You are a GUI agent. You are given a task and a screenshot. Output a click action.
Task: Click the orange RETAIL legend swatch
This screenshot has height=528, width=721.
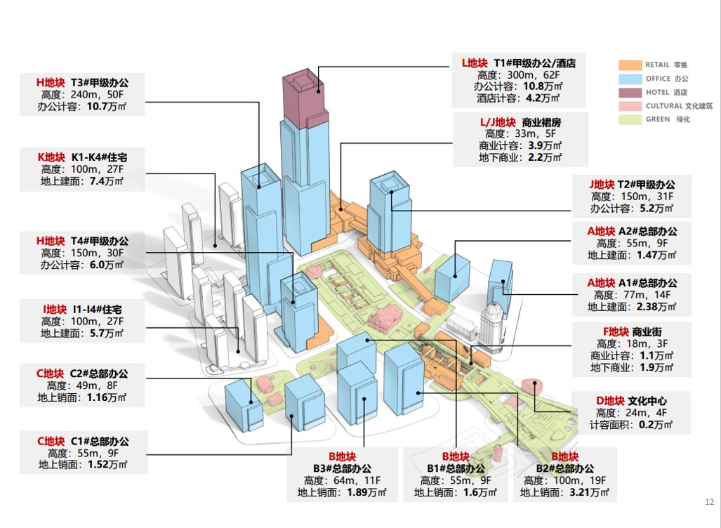[x=630, y=65]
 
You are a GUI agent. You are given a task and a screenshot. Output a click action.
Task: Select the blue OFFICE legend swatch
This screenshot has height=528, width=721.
[x=630, y=79]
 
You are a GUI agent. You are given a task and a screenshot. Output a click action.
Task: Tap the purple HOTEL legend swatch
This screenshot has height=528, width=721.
[x=630, y=92]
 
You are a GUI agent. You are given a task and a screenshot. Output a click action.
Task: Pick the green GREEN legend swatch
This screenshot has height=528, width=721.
[x=630, y=119]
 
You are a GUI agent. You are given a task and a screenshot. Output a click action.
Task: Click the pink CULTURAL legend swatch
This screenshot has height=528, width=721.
[x=630, y=106]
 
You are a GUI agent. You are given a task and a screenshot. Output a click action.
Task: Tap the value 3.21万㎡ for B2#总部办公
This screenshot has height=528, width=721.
[x=586, y=492]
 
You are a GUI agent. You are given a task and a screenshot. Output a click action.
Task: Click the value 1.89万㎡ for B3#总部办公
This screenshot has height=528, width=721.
[x=364, y=492]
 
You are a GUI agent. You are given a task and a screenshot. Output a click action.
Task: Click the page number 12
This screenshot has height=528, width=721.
[x=708, y=501]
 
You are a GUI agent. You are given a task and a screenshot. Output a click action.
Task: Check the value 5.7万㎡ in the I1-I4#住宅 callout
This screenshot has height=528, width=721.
[x=106, y=334]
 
